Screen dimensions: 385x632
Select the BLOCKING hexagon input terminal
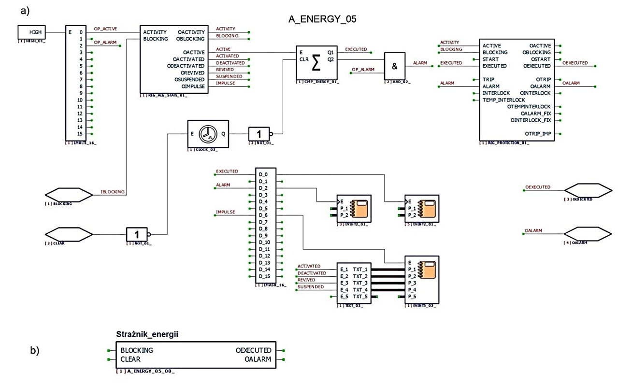point(69,195)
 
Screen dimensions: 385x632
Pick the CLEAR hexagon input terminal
point(69,235)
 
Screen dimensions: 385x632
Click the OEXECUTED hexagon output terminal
point(588,190)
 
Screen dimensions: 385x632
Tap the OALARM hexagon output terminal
point(588,234)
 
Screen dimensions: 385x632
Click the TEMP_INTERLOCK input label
point(503,100)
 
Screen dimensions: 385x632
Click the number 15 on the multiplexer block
point(82,133)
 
